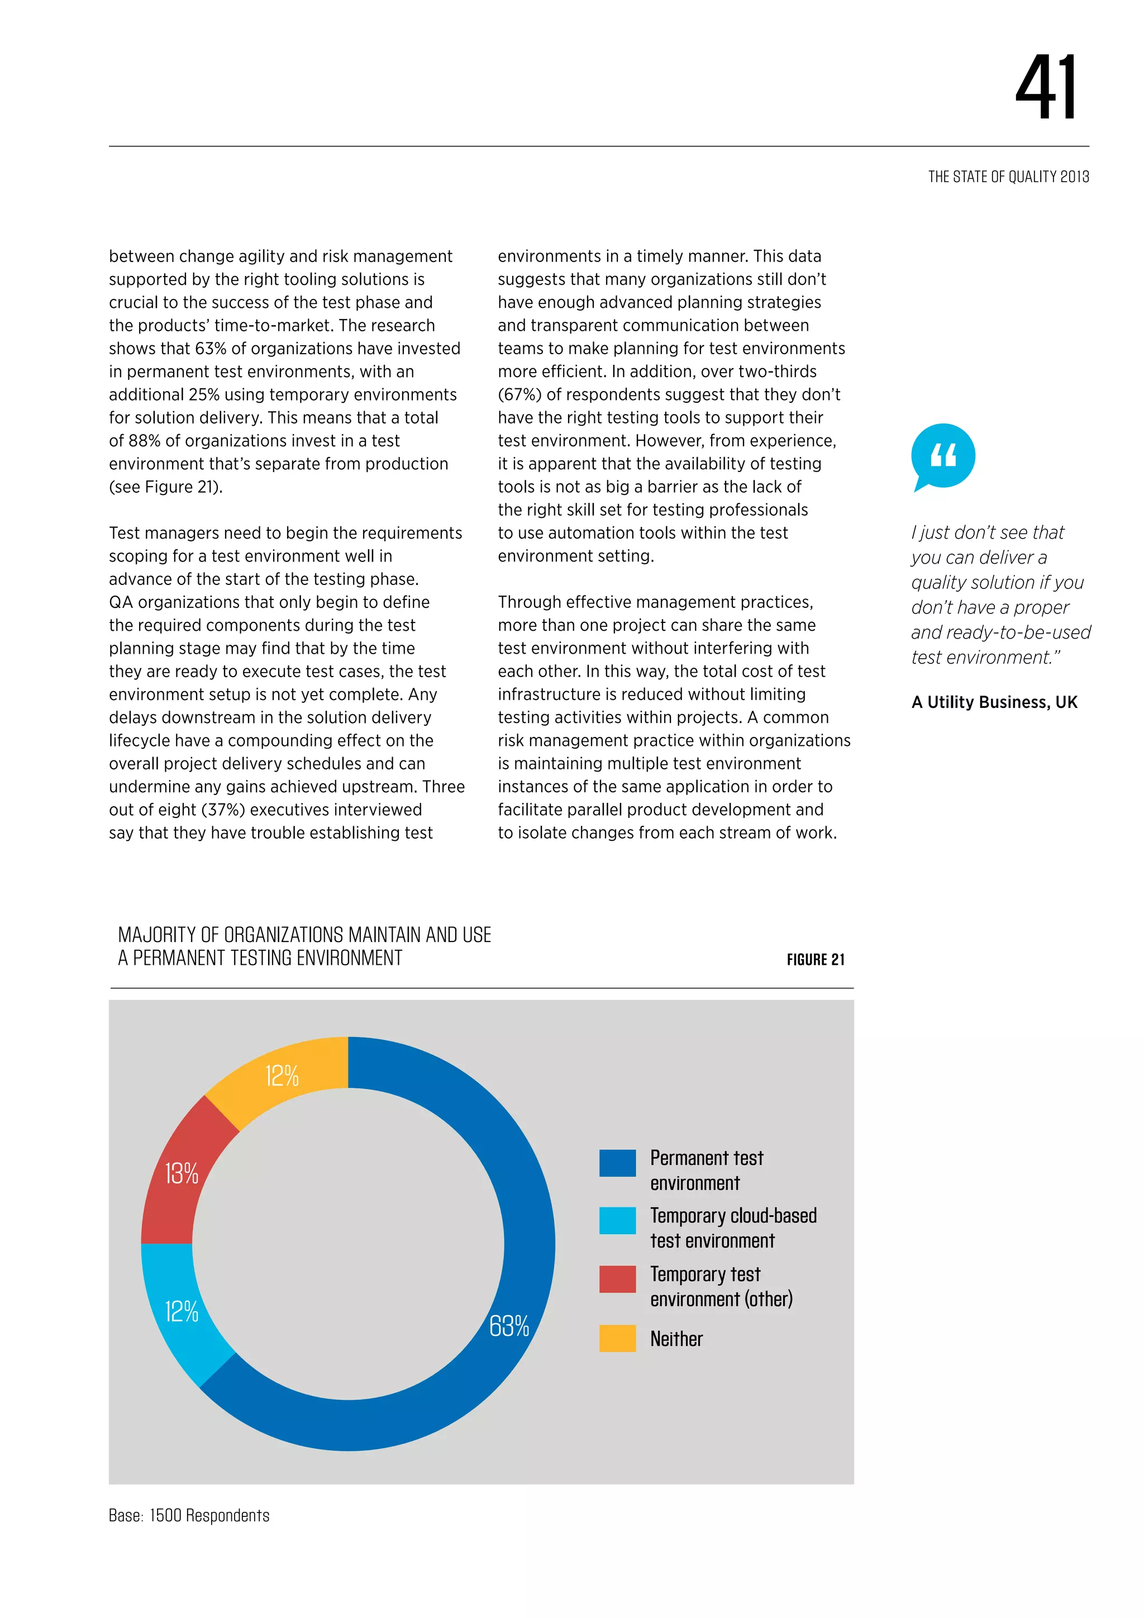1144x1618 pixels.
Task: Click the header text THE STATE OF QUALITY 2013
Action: pos(1008,177)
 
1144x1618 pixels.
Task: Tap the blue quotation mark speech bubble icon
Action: pos(942,456)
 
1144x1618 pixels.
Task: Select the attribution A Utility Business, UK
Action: pos(994,702)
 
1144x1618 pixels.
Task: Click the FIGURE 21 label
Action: pos(815,959)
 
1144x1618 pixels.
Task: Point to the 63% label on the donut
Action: pos(509,1326)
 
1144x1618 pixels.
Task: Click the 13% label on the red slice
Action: pos(181,1173)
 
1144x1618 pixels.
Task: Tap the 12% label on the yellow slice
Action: pos(282,1076)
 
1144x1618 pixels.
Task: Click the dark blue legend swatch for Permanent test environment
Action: pos(617,1163)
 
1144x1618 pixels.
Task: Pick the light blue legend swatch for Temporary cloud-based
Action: pos(617,1221)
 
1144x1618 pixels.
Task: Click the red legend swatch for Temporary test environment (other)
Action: pos(617,1279)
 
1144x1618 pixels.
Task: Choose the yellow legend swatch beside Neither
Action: pos(617,1338)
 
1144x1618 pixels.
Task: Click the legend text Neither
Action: pos(676,1339)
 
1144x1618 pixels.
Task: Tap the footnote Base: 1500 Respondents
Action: pos(189,1515)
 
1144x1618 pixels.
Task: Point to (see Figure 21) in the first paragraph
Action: pos(165,487)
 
